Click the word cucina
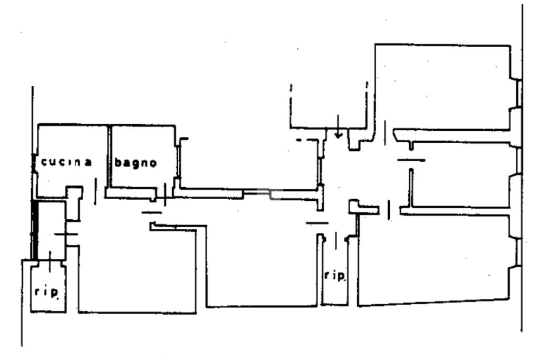[x=66, y=162]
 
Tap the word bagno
[x=136, y=163]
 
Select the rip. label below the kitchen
[x=47, y=291]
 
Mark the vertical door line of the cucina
[x=95, y=191]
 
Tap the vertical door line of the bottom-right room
[x=389, y=209]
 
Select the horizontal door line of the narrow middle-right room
[x=411, y=159]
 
